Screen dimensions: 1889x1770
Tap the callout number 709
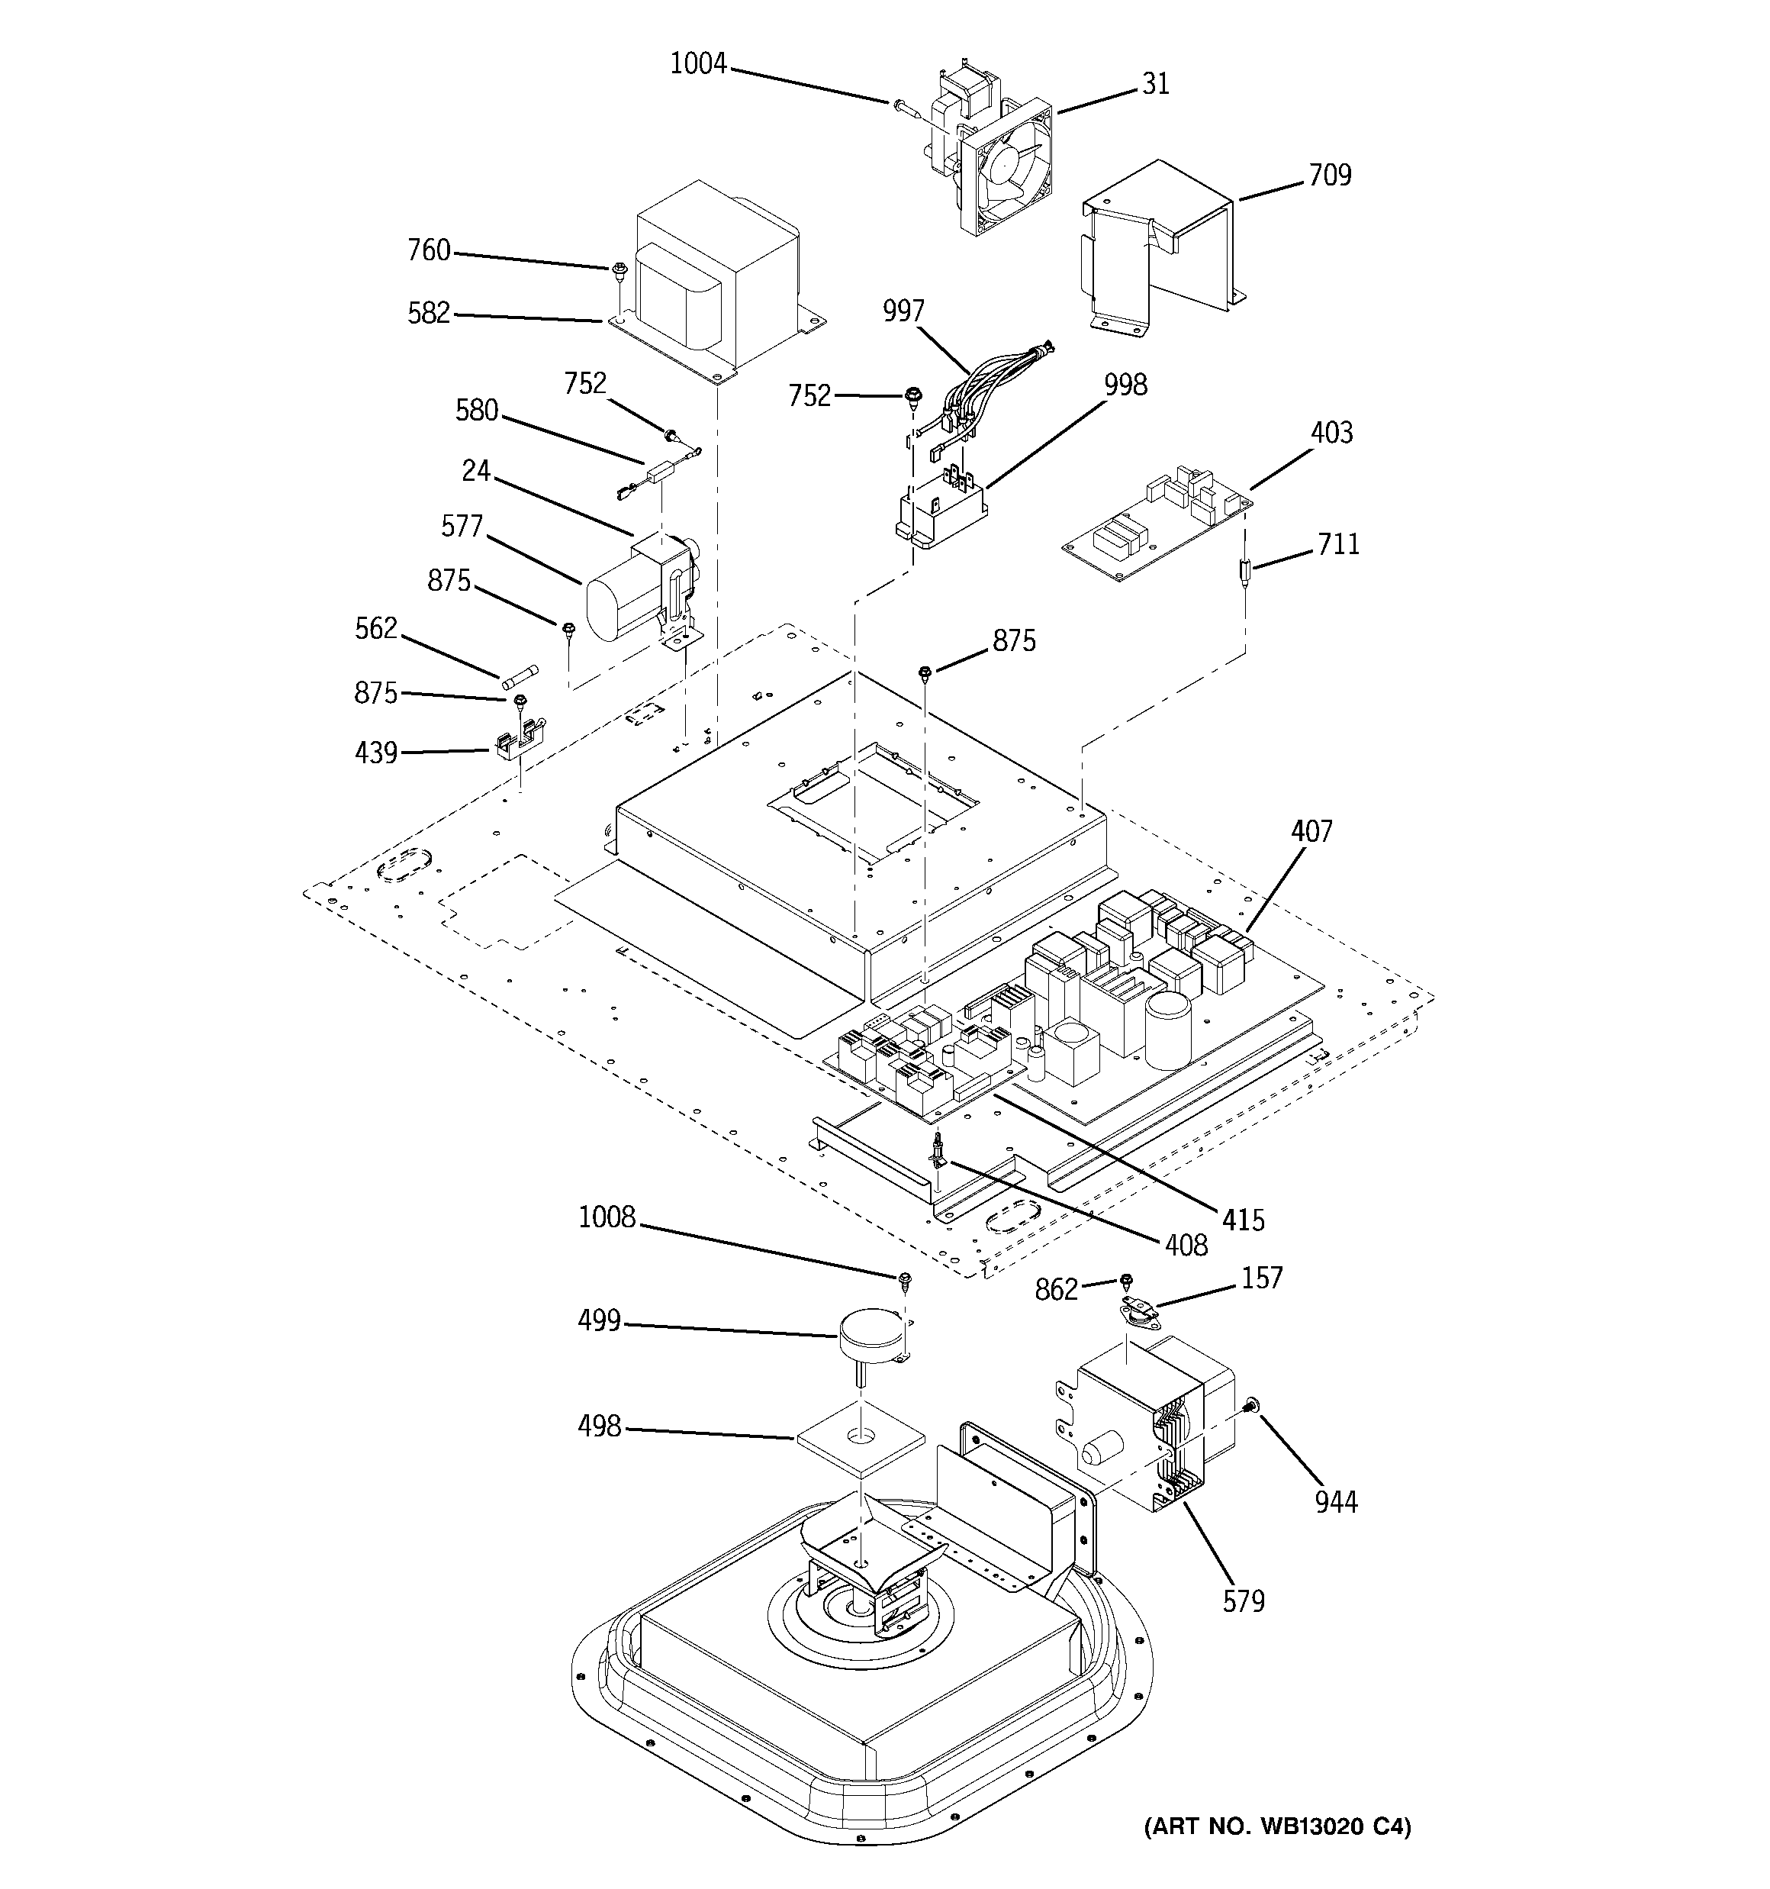[x=1328, y=175]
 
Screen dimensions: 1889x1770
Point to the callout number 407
[x=1311, y=831]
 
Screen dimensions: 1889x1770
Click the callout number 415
[x=1243, y=1219]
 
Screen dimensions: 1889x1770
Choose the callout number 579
[x=1243, y=1601]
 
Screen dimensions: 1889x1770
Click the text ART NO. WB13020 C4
[x=1278, y=1826]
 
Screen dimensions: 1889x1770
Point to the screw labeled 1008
[x=905, y=1280]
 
